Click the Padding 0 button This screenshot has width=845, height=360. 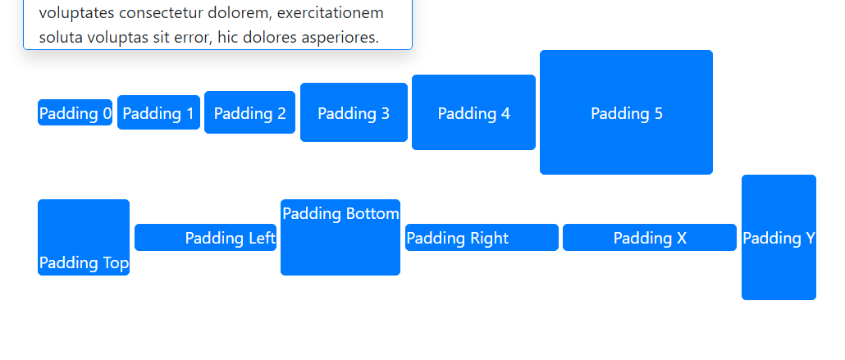click(x=75, y=112)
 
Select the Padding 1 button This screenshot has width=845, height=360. click(x=158, y=112)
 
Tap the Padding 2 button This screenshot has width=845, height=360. click(x=249, y=112)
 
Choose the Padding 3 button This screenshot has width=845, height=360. click(x=354, y=112)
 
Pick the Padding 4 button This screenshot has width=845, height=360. click(x=473, y=112)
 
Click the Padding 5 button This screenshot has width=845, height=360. click(x=626, y=112)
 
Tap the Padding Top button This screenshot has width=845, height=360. click(x=84, y=238)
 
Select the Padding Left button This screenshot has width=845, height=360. click(x=205, y=238)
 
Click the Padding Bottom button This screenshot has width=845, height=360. click(x=340, y=238)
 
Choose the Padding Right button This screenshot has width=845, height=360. click(x=482, y=238)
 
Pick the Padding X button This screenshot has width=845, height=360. click(x=650, y=238)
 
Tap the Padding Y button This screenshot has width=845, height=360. click(x=779, y=238)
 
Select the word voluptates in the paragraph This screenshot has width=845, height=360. click(x=76, y=13)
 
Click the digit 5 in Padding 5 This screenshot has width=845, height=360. click(x=659, y=113)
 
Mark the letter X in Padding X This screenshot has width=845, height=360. click(x=681, y=238)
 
